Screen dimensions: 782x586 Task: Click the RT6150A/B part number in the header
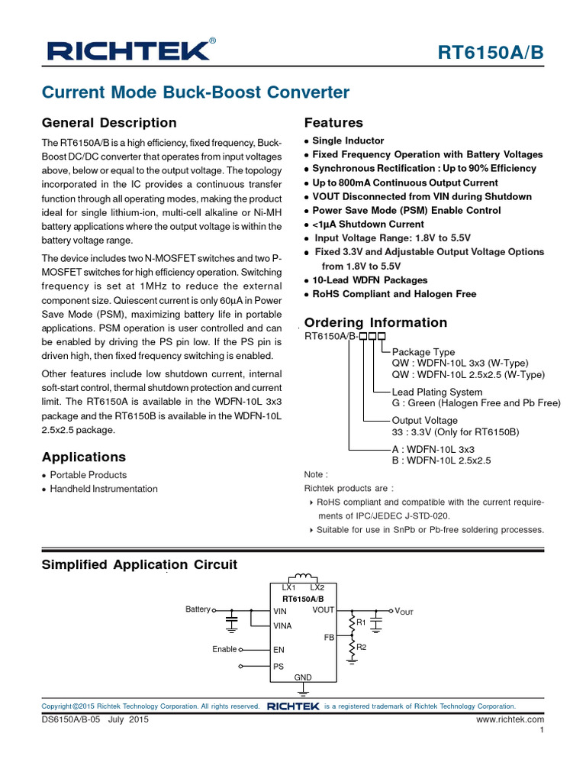492,52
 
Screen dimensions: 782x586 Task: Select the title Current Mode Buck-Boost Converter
195,92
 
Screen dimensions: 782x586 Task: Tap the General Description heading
109,123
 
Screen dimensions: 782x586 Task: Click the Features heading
333,123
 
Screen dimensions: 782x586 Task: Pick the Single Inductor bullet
348,141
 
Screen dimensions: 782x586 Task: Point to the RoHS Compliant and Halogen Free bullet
394,294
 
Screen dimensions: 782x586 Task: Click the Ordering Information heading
375,322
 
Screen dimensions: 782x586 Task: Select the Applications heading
84,457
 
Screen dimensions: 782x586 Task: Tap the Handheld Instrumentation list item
104,489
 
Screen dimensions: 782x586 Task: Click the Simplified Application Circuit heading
140,564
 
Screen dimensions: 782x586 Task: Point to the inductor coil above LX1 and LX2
303,576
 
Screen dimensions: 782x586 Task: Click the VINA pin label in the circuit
283,625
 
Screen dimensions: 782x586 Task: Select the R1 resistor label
362,623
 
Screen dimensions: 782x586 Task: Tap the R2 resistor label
362,648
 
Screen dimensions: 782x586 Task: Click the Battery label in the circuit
198,609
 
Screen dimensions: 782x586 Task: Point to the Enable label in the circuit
224,649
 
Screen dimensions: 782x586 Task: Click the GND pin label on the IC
303,677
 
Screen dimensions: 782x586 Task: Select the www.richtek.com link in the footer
510,719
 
